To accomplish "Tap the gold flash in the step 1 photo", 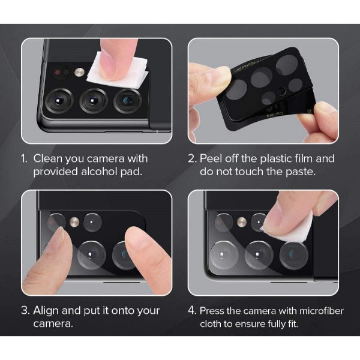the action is click(79, 72).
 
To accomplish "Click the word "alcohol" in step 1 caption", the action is click(100, 172).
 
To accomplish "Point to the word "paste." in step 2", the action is click(301, 172).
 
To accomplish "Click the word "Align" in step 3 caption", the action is click(46, 311).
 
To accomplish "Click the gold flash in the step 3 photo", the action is click(74, 222).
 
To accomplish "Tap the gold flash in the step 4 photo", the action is click(242, 222).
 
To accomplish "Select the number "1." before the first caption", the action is click(25, 158).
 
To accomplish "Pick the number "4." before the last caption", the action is click(192, 311).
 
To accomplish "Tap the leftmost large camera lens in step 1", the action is click(59, 100).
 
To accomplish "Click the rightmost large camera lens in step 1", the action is click(128, 101).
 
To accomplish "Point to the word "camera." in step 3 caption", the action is click(53, 324).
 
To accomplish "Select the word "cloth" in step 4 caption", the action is click(211, 324).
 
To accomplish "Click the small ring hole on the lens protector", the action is click(282, 92).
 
